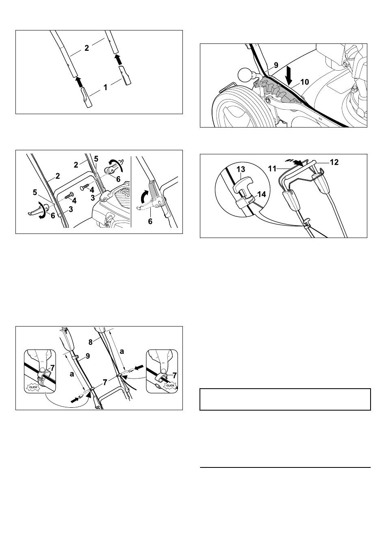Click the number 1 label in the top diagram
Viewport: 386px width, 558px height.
[105, 87]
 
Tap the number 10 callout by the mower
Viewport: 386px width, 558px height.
[305, 82]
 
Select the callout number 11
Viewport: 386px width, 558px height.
[272, 169]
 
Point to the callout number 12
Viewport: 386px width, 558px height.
[334, 162]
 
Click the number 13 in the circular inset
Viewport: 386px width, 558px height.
[241, 169]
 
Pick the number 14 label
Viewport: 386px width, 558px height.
[262, 194]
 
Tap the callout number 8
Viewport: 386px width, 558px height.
[91, 342]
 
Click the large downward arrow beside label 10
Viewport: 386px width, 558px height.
[289, 75]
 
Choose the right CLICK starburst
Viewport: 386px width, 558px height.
[170, 385]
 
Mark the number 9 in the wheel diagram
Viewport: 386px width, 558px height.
[276, 65]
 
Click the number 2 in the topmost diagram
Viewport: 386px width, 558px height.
[87, 48]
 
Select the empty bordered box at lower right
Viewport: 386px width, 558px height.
[285, 399]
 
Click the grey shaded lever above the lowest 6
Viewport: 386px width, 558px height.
[152, 193]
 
